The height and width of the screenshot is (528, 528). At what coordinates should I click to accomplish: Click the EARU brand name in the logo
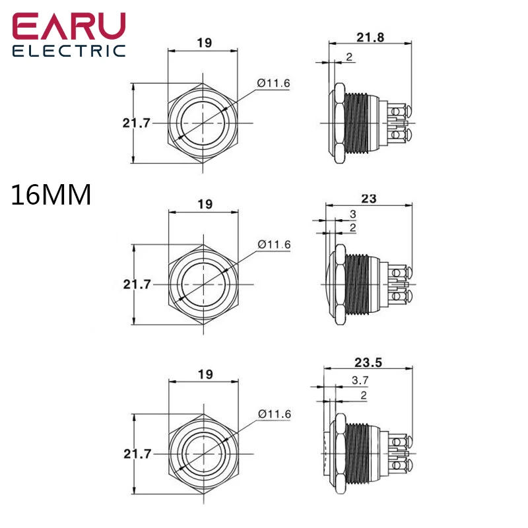[69, 28]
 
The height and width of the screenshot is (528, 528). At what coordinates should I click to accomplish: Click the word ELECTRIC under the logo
[69, 51]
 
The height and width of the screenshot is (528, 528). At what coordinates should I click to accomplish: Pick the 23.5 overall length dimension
[370, 362]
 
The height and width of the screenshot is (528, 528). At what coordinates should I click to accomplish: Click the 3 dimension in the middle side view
[352, 214]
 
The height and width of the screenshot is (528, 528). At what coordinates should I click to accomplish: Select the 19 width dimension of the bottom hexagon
[205, 374]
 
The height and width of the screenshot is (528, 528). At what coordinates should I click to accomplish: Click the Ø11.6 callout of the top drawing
[274, 82]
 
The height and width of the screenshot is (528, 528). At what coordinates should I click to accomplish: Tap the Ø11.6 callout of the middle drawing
[274, 244]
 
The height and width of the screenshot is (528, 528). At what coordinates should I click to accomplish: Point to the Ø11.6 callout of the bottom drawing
[274, 413]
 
